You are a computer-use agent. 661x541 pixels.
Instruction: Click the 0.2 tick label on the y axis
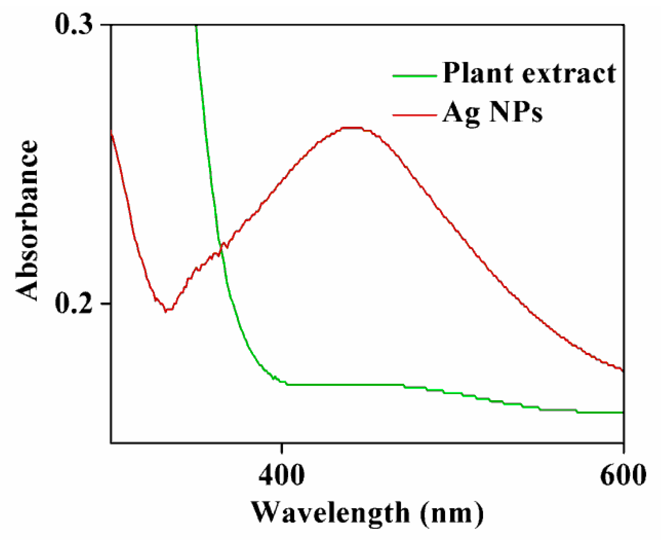74,303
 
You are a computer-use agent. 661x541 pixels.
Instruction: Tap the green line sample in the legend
415,76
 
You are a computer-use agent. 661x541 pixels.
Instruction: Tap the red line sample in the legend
415,114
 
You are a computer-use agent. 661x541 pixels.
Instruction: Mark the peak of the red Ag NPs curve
352,128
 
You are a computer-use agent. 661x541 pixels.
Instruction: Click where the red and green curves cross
220,253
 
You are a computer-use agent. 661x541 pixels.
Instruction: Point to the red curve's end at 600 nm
623,370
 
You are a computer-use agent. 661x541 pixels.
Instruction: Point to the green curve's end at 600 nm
623,413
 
